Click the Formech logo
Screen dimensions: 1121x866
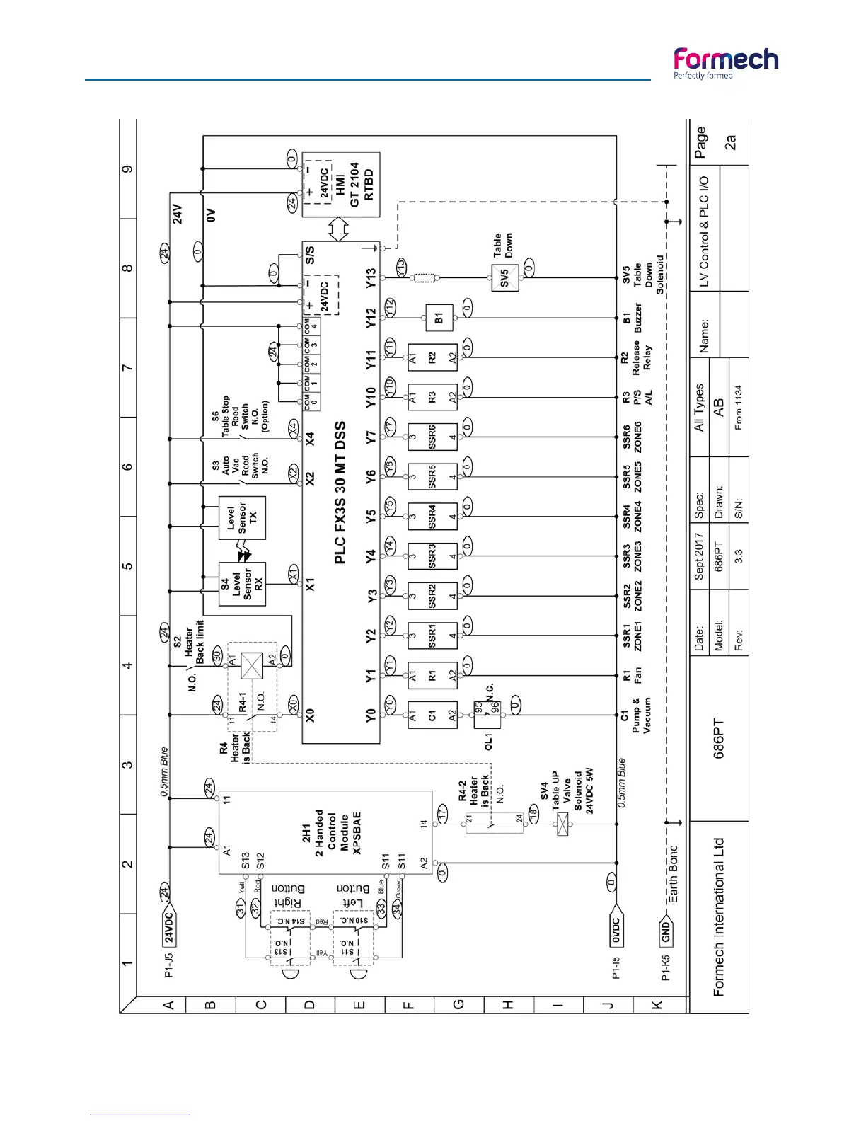point(725,62)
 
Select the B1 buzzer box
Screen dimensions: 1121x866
point(439,318)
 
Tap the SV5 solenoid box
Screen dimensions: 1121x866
point(504,277)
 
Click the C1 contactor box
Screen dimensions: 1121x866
point(432,715)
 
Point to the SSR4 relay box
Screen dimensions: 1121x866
point(432,517)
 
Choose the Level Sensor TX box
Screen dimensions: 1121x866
point(242,518)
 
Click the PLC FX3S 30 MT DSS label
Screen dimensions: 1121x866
point(340,493)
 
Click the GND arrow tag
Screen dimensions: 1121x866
point(666,932)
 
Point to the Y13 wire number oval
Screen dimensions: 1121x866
point(401,269)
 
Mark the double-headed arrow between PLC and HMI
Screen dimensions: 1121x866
point(340,229)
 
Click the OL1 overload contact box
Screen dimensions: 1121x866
point(487,715)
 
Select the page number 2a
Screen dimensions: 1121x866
point(730,142)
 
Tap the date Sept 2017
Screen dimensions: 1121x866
point(699,557)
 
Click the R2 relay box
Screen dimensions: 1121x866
point(432,357)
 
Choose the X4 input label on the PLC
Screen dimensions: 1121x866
point(310,439)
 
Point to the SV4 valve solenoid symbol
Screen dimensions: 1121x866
point(562,824)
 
